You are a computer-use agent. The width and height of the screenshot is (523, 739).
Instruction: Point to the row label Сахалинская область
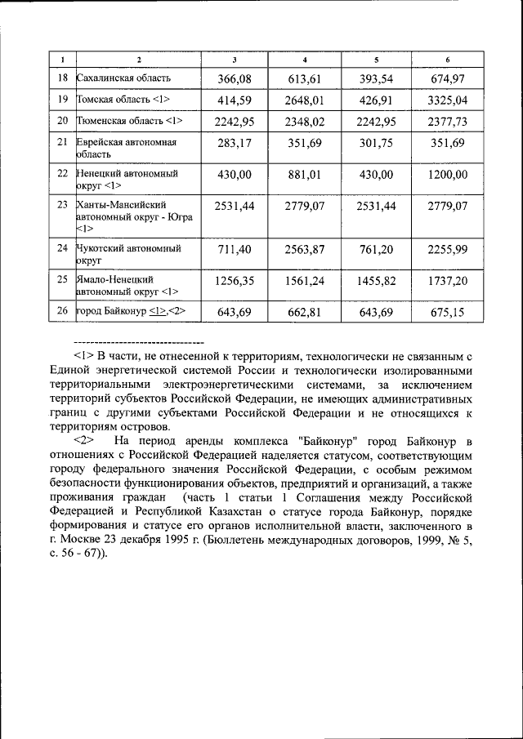[x=123, y=78]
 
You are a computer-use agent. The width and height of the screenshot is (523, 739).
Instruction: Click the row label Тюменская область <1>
[x=129, y=121]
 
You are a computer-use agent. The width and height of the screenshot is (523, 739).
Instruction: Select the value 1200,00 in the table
[x=447, y=175]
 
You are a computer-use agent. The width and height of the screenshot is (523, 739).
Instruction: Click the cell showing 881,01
[x=305, y=175]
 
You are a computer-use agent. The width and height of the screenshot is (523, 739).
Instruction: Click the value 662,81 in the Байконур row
[x=305, y=311]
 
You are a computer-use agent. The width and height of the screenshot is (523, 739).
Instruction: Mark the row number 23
[x=62, y=206]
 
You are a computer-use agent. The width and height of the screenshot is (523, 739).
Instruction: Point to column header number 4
[x=305, y=60]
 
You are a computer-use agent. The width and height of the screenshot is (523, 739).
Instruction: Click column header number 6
[x=447, y=60]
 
